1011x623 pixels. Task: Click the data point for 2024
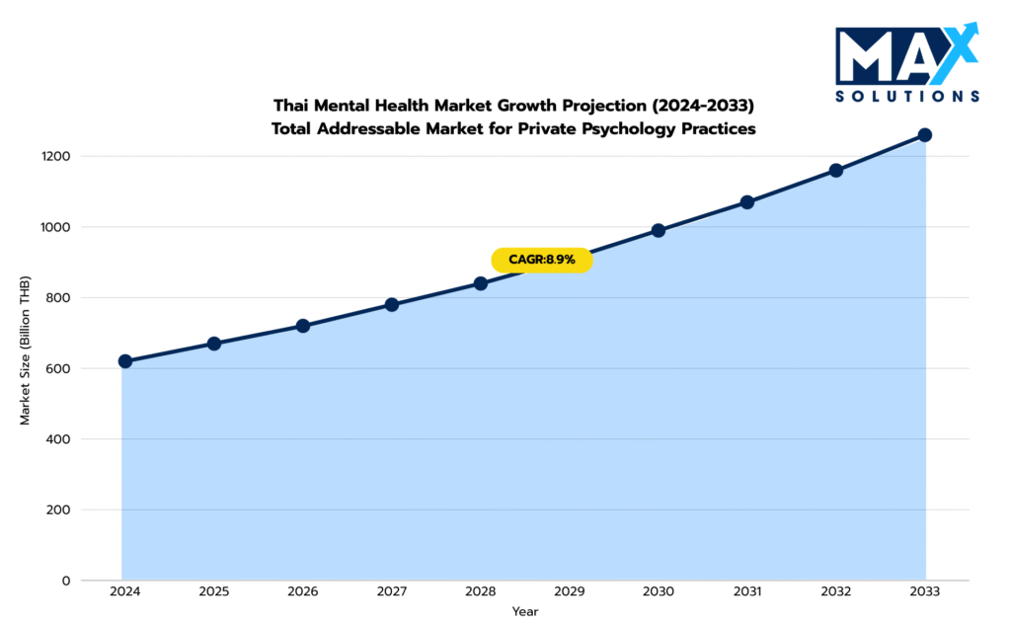125,361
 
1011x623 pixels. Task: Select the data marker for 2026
303,326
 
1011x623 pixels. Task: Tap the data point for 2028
481,283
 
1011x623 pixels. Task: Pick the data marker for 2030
659,230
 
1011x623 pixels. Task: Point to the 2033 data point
925,134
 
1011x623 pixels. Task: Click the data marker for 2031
747,202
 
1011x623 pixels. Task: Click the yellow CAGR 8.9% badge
541,260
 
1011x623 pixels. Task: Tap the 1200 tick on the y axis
56,156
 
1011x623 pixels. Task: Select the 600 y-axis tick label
59,368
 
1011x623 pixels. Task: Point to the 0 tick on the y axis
66,581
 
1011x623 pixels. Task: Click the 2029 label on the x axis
570,591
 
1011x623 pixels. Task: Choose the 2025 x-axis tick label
214,591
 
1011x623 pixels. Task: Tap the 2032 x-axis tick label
836,591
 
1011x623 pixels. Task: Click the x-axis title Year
525,612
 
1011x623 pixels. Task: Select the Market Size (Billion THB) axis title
26,351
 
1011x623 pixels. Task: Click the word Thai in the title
291,105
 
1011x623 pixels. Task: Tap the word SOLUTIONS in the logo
906,96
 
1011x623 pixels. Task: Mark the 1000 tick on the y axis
56,227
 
